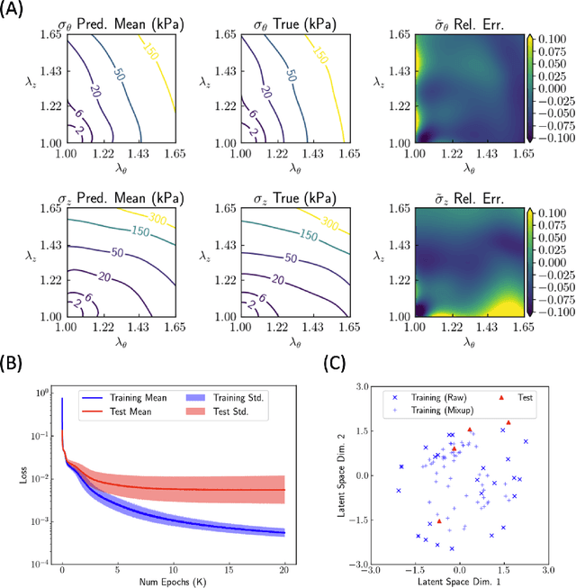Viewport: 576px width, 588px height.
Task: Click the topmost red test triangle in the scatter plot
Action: (508, 422)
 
